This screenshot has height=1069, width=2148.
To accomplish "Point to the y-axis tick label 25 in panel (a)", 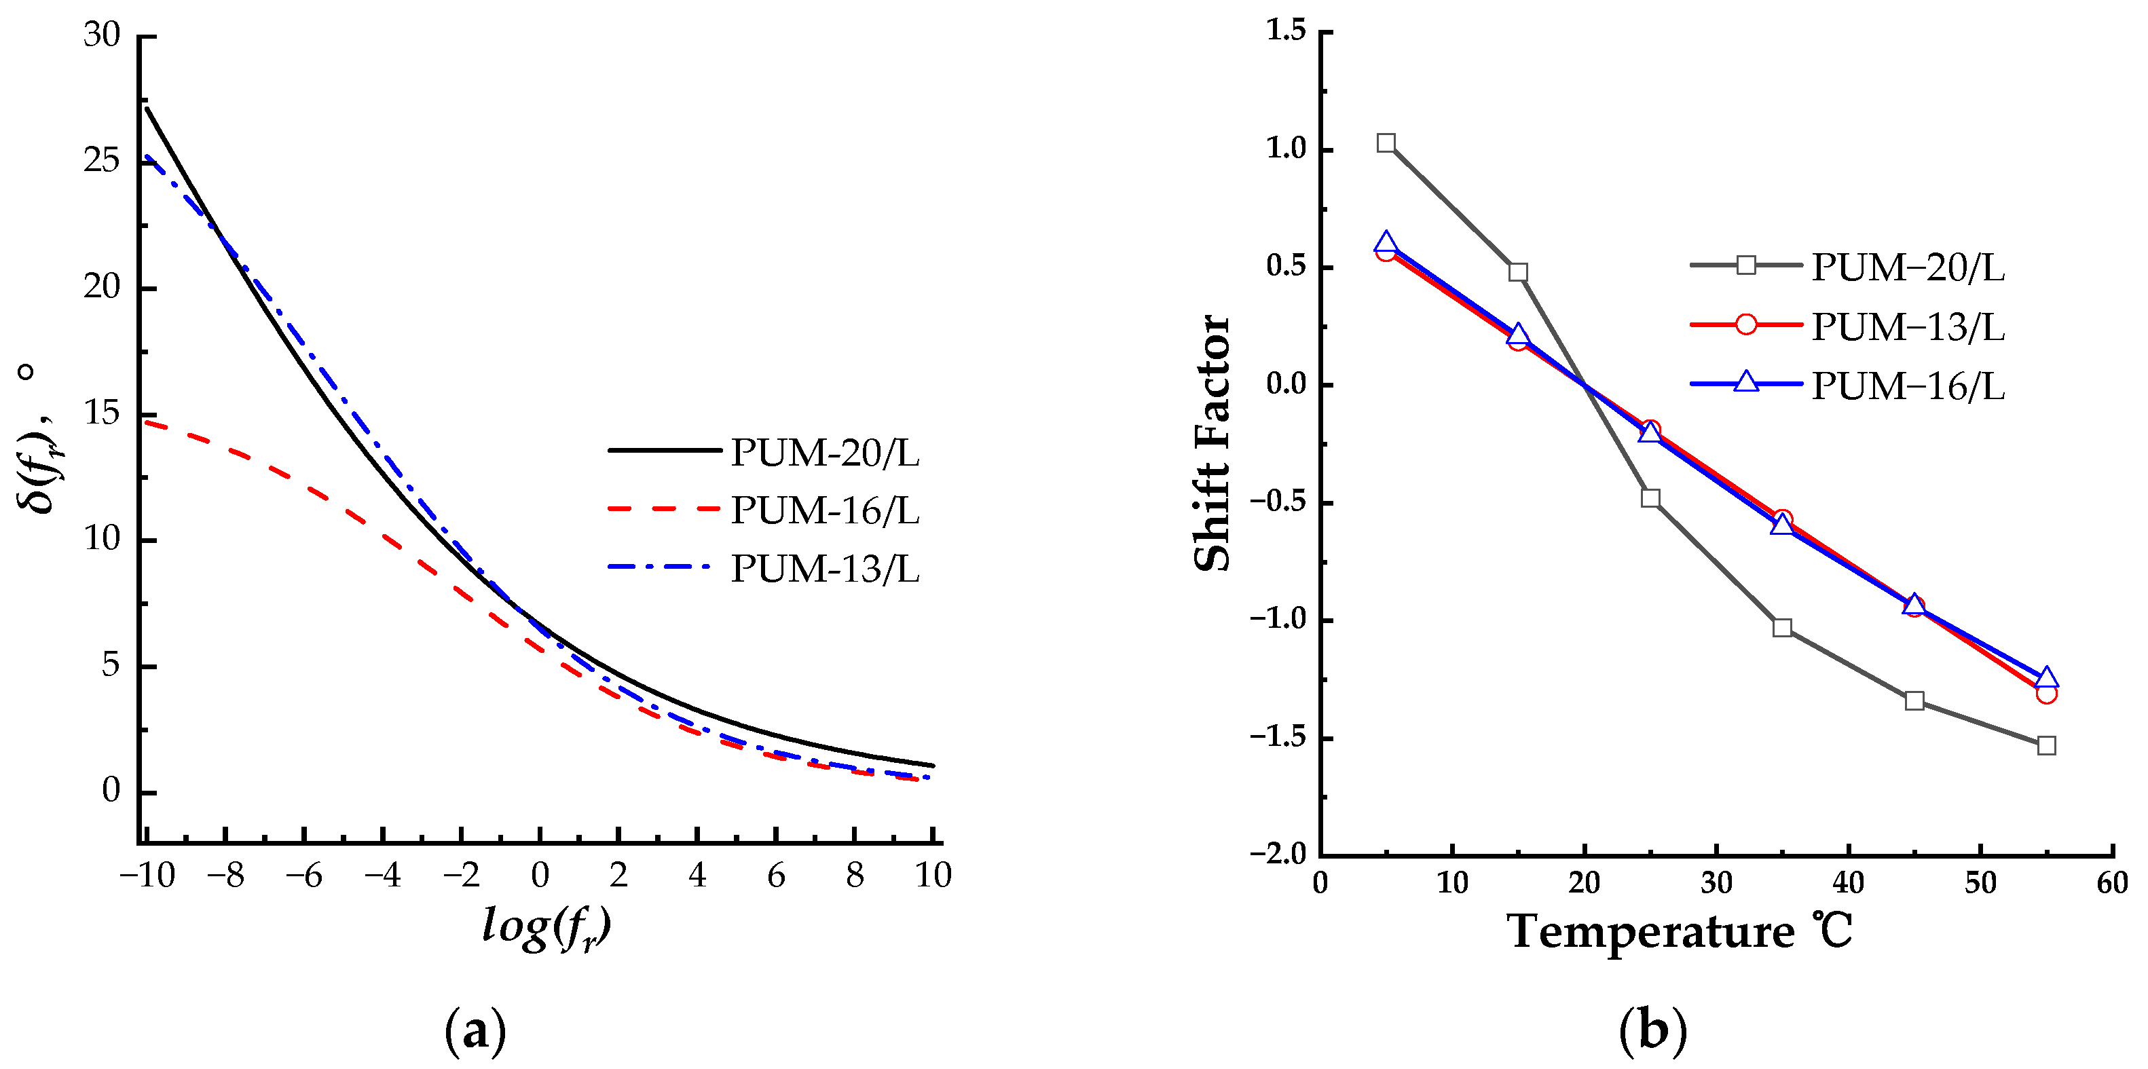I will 102,160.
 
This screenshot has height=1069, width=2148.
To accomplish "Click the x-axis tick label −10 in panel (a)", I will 147,876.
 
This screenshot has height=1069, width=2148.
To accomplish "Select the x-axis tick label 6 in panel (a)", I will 775,876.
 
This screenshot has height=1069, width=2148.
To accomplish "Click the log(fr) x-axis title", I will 547,927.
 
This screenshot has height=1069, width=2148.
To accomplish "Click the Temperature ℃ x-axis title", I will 1680,931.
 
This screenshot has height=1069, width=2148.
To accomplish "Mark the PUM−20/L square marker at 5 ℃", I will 1386,143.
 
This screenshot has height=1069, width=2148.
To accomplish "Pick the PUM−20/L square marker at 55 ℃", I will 2046,745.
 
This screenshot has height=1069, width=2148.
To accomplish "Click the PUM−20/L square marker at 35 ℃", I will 1782,628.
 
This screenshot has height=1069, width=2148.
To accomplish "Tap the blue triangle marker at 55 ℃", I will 2046,677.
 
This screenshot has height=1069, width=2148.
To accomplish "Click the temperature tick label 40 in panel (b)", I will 1848,882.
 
